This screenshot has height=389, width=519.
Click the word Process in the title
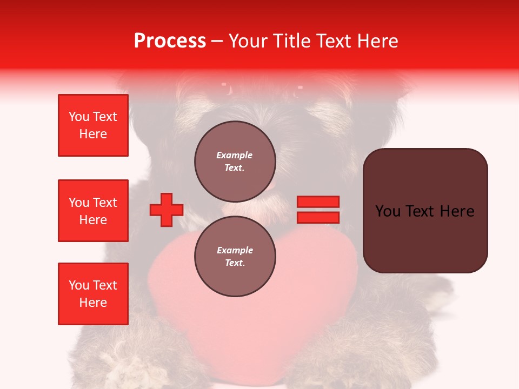(x=170, y=41)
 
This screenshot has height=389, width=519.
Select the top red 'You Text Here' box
(x=93, y=125)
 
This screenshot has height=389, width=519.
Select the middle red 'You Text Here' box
(x=93, y=211)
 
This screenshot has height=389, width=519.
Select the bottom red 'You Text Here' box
(x=93, y=294)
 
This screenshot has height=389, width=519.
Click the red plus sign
(x=167, y=210)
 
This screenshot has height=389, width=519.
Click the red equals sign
(x=318, y=210)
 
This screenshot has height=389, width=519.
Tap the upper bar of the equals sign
(x=318, y=202)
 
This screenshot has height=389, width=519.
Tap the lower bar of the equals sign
(x=318, y=217)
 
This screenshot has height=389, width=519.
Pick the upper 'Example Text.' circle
(x=235, y=161)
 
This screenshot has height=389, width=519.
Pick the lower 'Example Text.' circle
(x=235, y=256)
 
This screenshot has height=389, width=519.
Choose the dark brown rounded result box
(x=425, y=211)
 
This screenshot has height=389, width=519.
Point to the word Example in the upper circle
(x=235, y=155)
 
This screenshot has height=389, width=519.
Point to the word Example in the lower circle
(x=235, y=250)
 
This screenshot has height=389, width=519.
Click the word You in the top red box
(x=78, y=117)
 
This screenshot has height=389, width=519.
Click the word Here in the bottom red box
(x=93, y=303)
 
